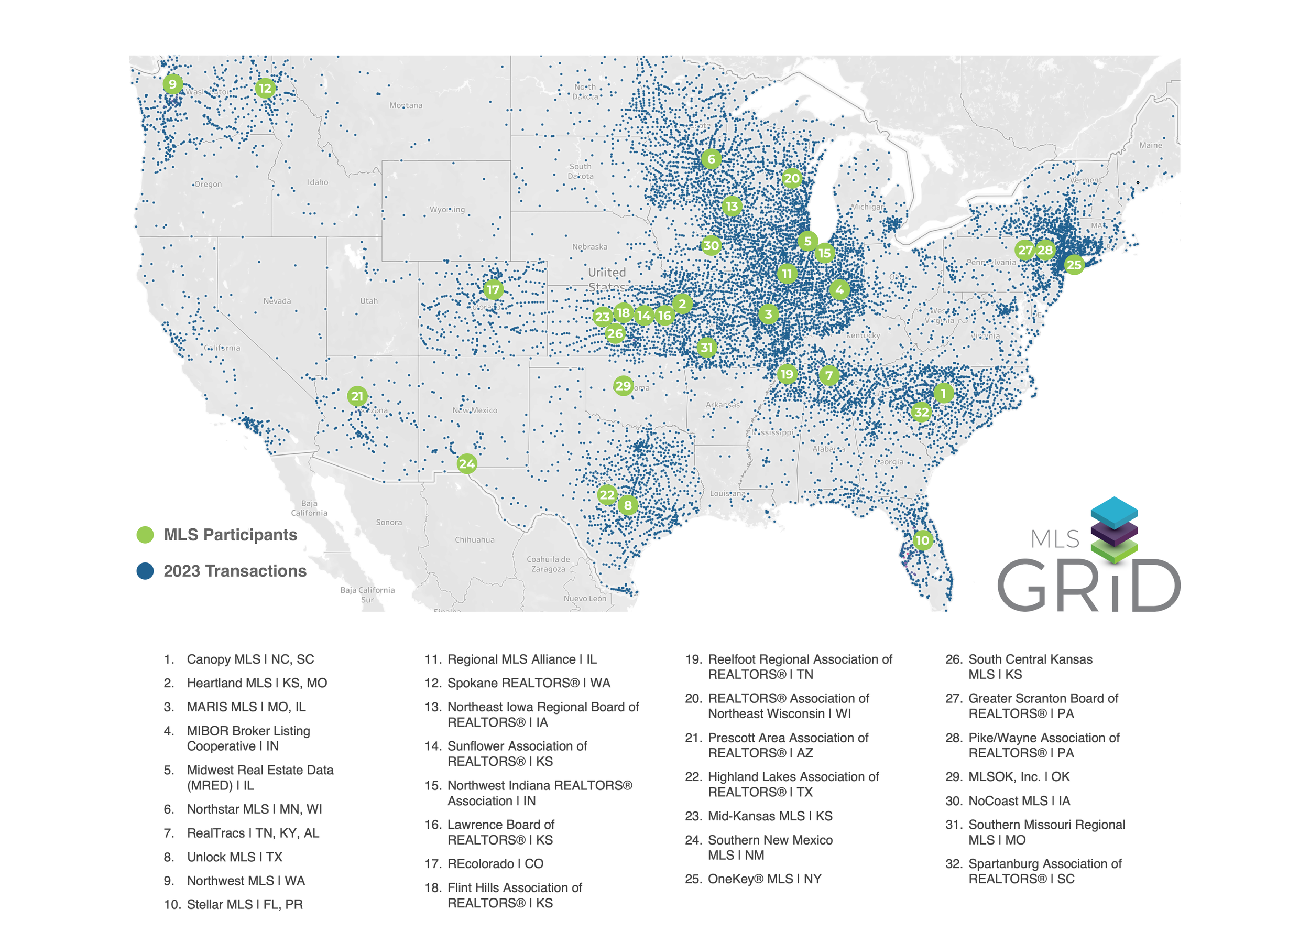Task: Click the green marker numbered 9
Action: point(172,84)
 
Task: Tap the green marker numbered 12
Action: point(265,88)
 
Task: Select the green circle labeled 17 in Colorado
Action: point(494,290)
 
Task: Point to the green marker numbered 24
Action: point(466,464)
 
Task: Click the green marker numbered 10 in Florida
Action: point(923,540)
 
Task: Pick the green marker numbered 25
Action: point(1074,264)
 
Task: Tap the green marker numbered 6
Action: point(711,159)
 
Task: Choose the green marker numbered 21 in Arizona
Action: point(357,396)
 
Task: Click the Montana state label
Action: point(406,105)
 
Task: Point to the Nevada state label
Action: point(277,301)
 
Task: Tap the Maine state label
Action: point(1150,145)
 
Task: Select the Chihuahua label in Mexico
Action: point(475,539)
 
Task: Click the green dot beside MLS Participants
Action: point(146,535)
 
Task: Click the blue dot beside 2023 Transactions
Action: point(146,571)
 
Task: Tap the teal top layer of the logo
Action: point(1114,511)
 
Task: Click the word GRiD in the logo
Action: point(1089,586)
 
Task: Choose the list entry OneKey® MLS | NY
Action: point(765,879)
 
